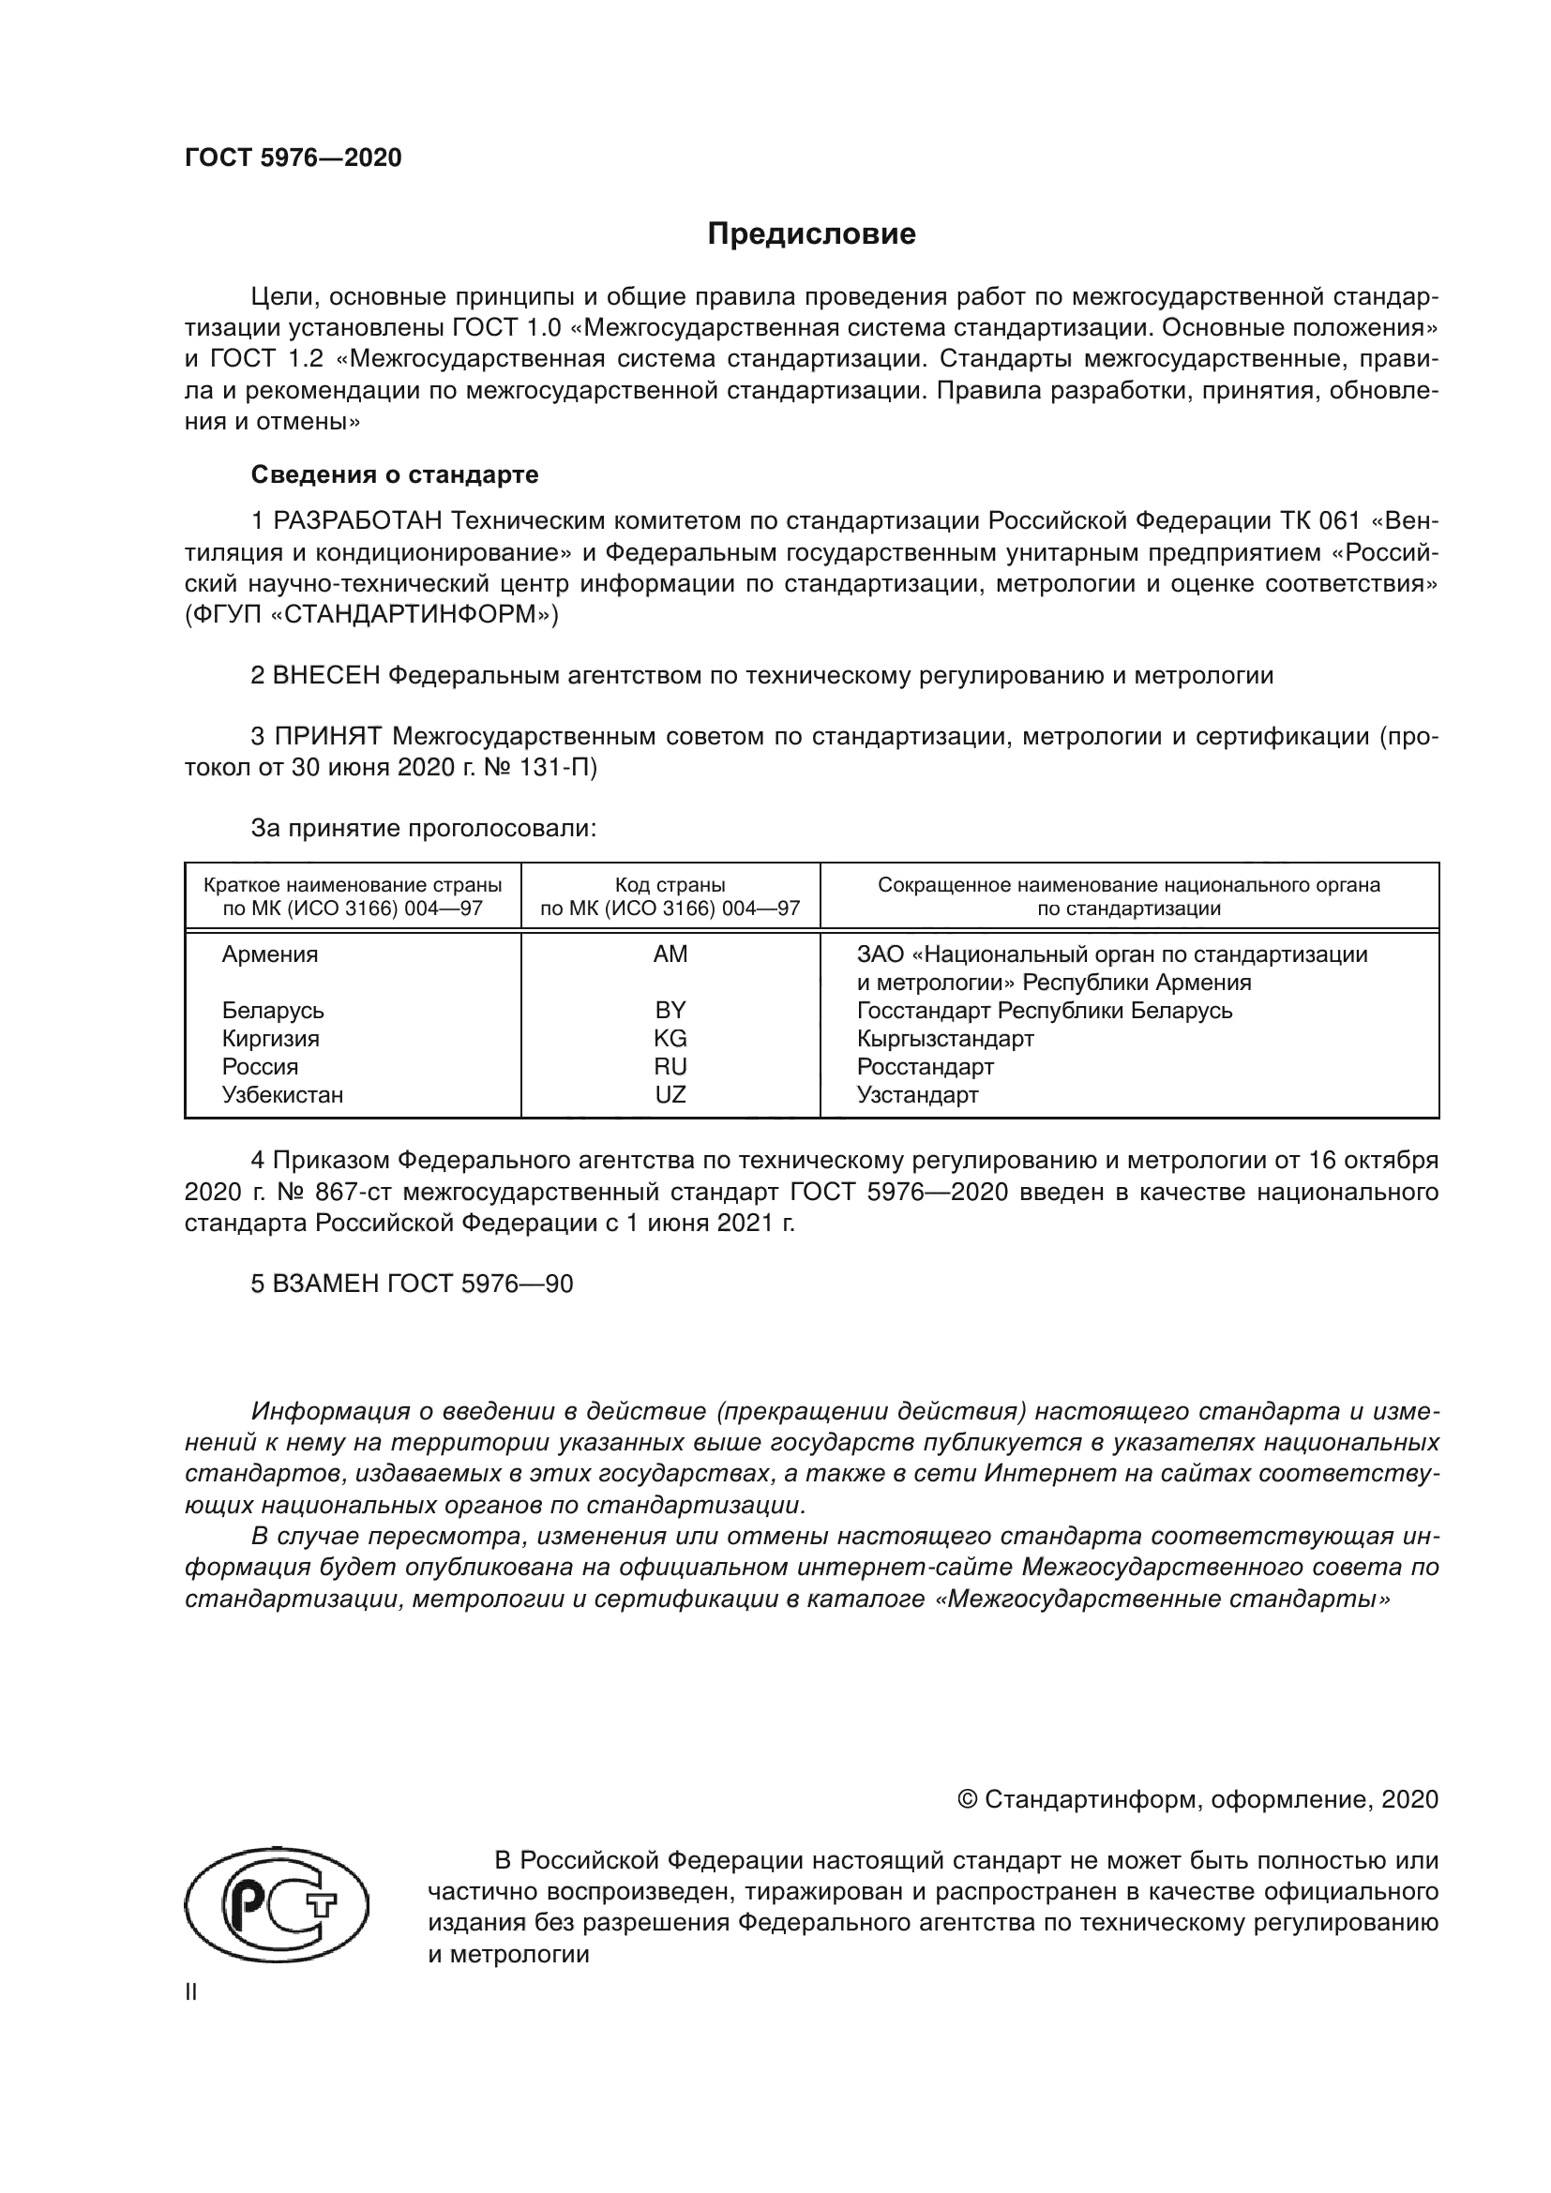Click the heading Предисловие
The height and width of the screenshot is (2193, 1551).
tap(811, 234)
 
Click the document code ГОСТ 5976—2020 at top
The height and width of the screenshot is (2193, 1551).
tap(293, 158)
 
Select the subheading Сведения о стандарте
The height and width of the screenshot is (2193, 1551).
tap(395, 474)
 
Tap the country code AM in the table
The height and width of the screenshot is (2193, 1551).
tap(670, 954)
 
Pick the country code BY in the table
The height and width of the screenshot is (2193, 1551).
tap(670, 1011)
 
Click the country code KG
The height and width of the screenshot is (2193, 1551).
tap(670, 1038)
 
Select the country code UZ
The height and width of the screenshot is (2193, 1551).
tap(670, 1094)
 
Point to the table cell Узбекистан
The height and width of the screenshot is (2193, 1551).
tap(282, 1094)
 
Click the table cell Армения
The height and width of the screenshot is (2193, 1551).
tap(270, 954)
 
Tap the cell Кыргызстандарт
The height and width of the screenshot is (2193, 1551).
tap(944, 1038)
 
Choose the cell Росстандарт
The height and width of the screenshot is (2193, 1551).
tap(925, 1067)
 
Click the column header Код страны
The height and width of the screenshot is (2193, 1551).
tap(670, 885)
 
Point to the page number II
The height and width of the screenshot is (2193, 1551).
tap(191, 1992)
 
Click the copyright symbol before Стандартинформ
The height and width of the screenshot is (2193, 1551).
tap(967, 1799)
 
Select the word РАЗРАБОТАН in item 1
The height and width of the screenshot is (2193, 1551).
tap(358, 521)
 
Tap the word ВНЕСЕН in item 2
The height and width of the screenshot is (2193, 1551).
tap(326, 676)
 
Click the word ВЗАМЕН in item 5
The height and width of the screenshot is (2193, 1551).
tap(326, 1284)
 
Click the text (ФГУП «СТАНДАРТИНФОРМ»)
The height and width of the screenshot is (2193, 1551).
tap(371, 615)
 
